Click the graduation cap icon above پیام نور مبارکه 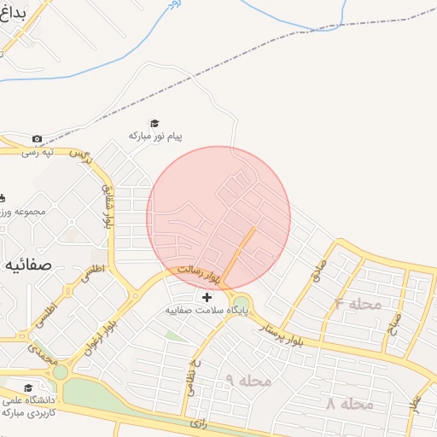pyautogui.click(x=154, y=123)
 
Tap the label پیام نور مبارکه pyautogui.click(x=155, y=136)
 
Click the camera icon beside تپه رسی pyautogui.click(x=37, y=139)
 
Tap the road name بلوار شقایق pyautogui.click(x=107, y=206)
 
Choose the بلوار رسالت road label pyautogui.click(x=199, y=273)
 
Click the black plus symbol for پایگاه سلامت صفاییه pyautogui.click(x=207, y=297)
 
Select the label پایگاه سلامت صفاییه pyautogui.click(x=207, y=311)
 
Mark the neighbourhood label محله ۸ pyautogui.click(x=350, y=404)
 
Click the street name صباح pyautogui.click(x=394, y=323)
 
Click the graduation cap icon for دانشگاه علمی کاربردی pyautogui.click(x=28, y=387)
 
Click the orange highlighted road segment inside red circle pyautogui.click(x=242, y=248)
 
